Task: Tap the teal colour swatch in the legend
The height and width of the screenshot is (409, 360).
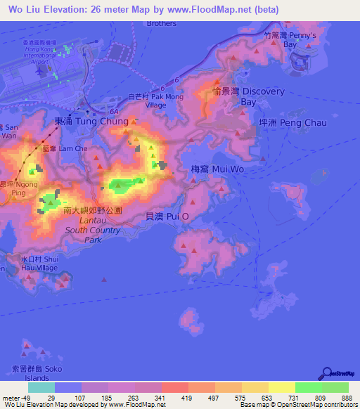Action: coord(41,387)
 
